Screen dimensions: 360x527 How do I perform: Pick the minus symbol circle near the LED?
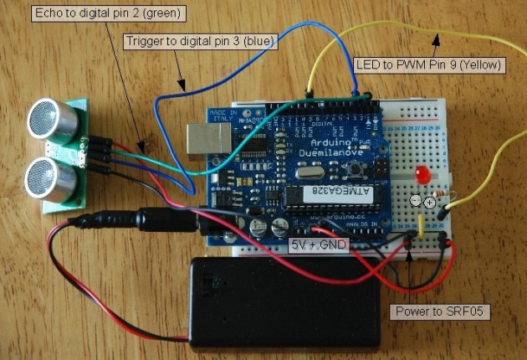(416, 202)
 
